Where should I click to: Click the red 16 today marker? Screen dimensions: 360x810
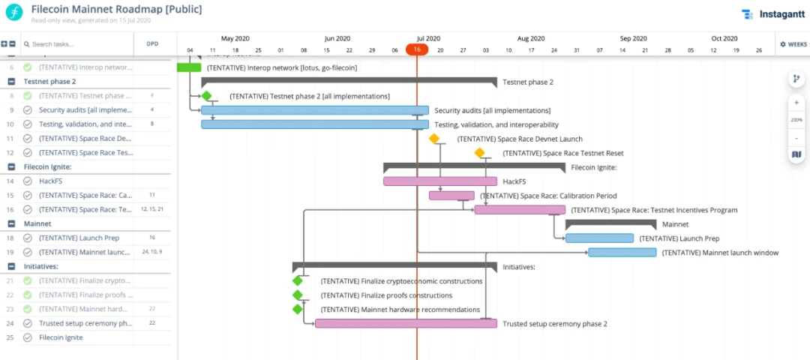pos(417,49)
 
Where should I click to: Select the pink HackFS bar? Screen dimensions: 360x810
pos(439,181)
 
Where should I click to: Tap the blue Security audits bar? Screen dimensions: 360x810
pos(315,110)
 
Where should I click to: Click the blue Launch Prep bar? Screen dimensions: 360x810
pos(599,238)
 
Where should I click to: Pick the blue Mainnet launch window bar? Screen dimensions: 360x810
pos(622,253)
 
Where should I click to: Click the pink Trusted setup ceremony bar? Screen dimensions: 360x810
pos(406,324)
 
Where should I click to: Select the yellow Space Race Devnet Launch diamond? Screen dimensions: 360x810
pos(433,139)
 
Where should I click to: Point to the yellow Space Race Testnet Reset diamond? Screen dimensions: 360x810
pos(479,153)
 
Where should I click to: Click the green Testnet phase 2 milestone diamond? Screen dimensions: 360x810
pos(206,96)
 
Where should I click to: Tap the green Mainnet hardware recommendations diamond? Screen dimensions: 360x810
pos(298,309)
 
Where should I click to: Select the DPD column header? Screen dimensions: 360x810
pos(151,44)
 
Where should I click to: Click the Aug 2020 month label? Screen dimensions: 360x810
pos(531,38)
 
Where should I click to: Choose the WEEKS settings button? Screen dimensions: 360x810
pos(793,44)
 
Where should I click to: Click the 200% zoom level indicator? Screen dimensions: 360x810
pos(796,120)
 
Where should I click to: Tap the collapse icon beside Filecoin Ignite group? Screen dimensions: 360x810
pos(11,166)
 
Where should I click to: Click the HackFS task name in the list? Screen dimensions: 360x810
pos(50,181)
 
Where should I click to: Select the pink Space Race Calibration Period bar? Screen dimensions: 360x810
pos(451,196)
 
